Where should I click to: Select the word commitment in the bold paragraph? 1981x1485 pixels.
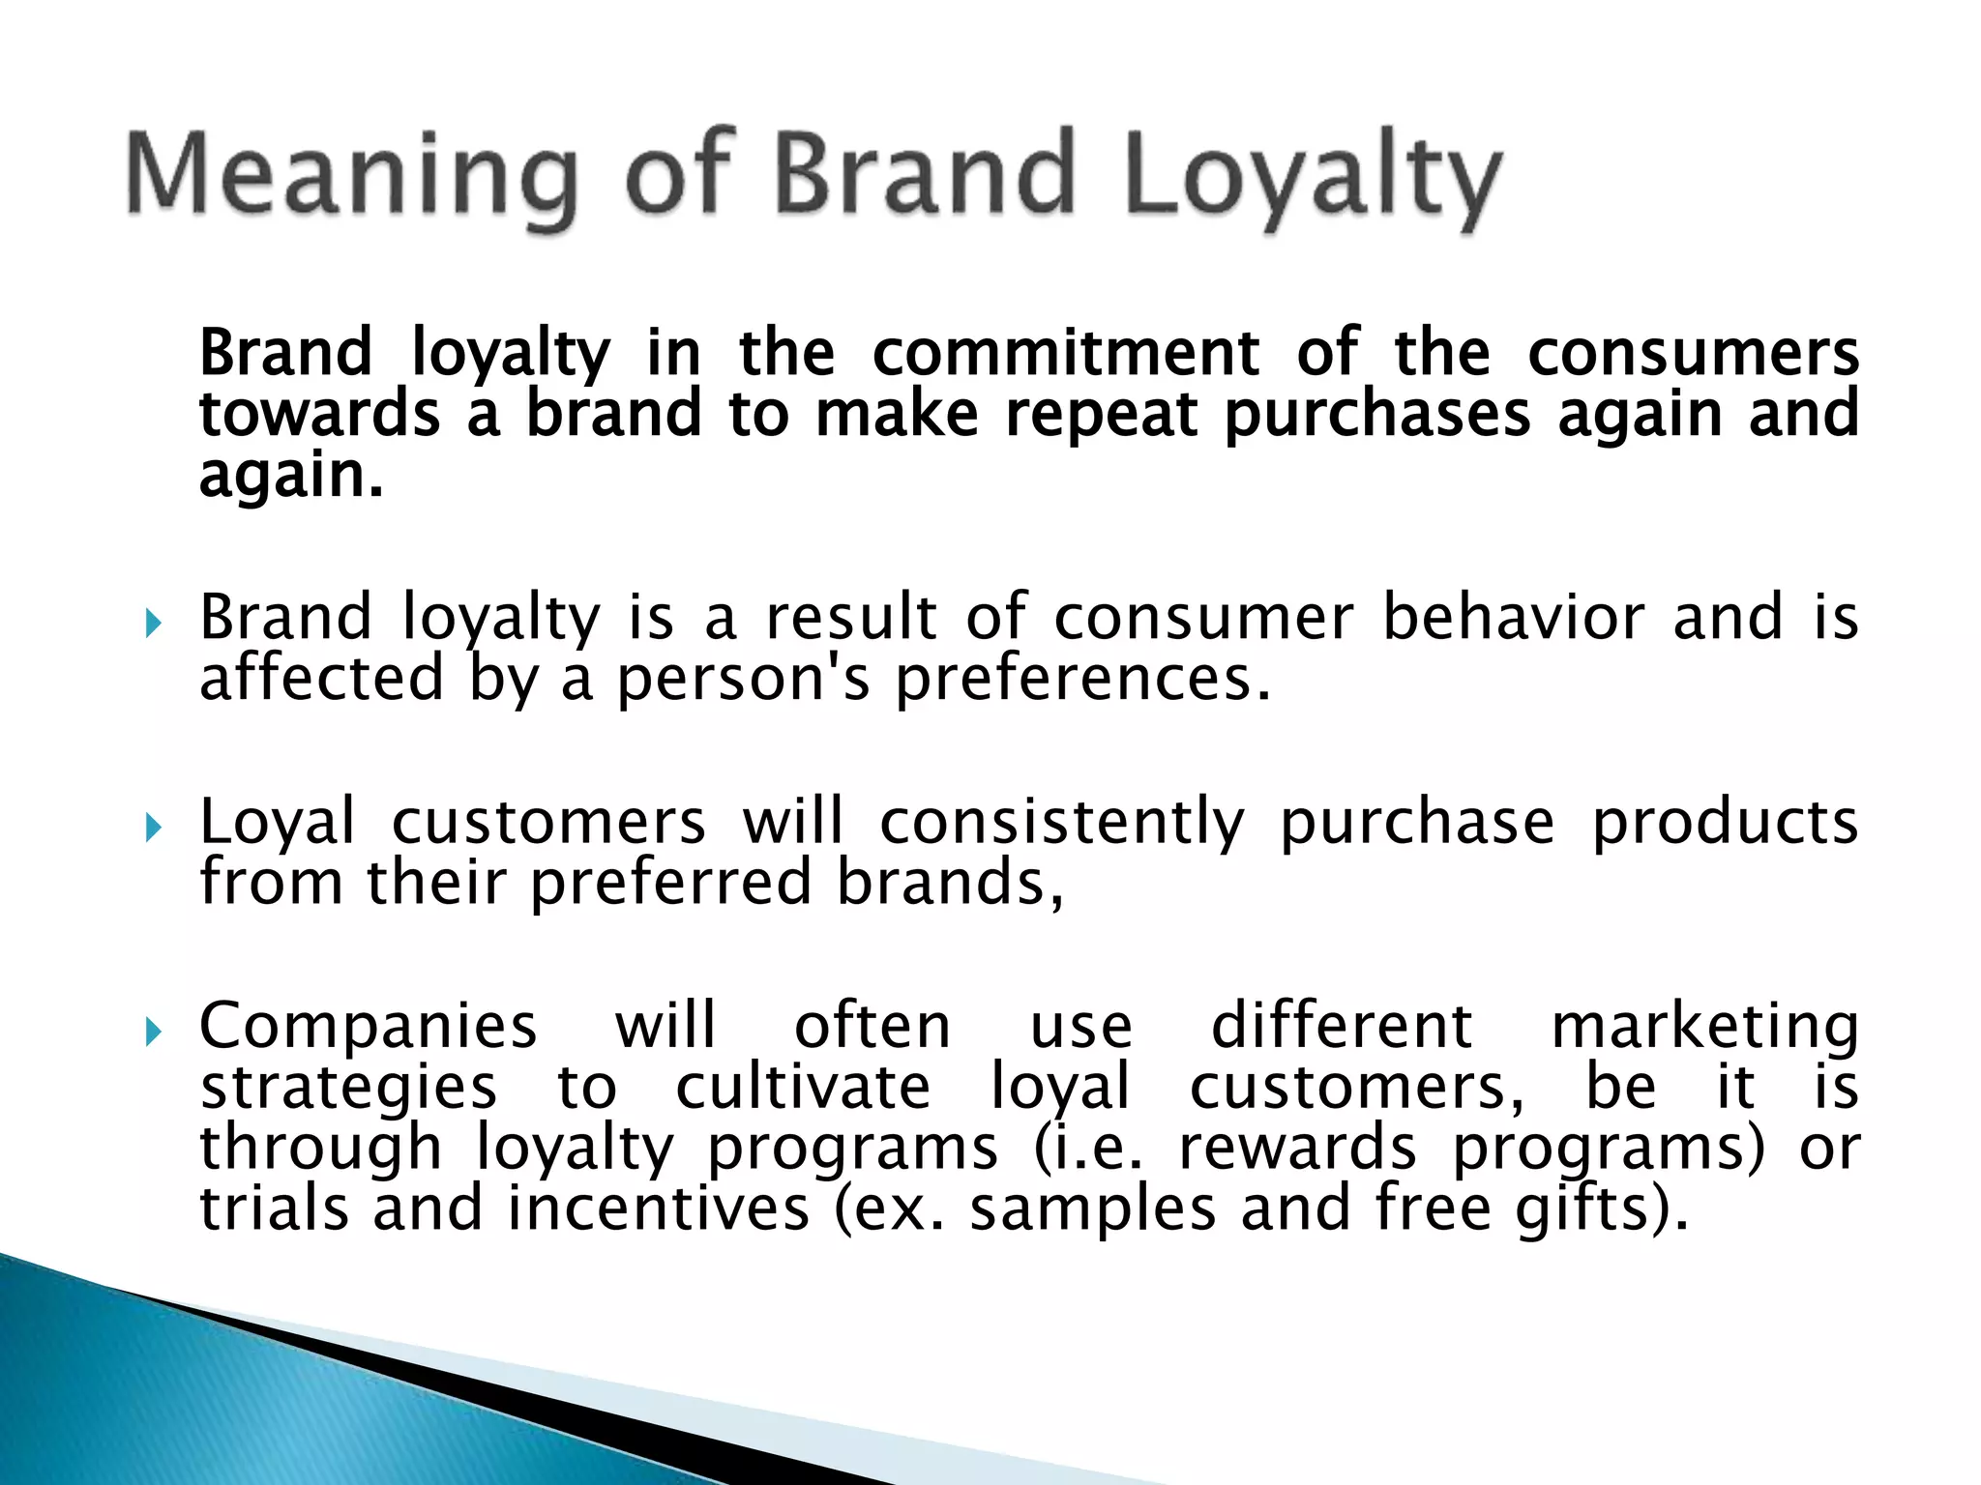click(x=1065, y=352)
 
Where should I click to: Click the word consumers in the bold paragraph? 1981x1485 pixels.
click(x=1693, y=352)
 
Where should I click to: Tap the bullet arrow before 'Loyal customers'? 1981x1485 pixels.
click(x=153, y=828)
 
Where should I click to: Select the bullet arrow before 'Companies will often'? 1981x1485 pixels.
click(x=153, y=1033)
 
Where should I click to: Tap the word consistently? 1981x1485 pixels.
click(x=1061, y=823)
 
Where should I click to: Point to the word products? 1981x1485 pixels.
click(x=1725, y=823)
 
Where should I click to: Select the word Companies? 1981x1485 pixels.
click(x=368, y=1027)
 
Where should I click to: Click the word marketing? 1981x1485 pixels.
click(x=1704, y=1027)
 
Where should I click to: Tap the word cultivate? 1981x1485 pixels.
click(x=803, y=1087)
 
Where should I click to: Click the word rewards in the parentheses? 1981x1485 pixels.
click(x=1297, y=1149)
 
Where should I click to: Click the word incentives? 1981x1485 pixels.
click(x=658, y=1209)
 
